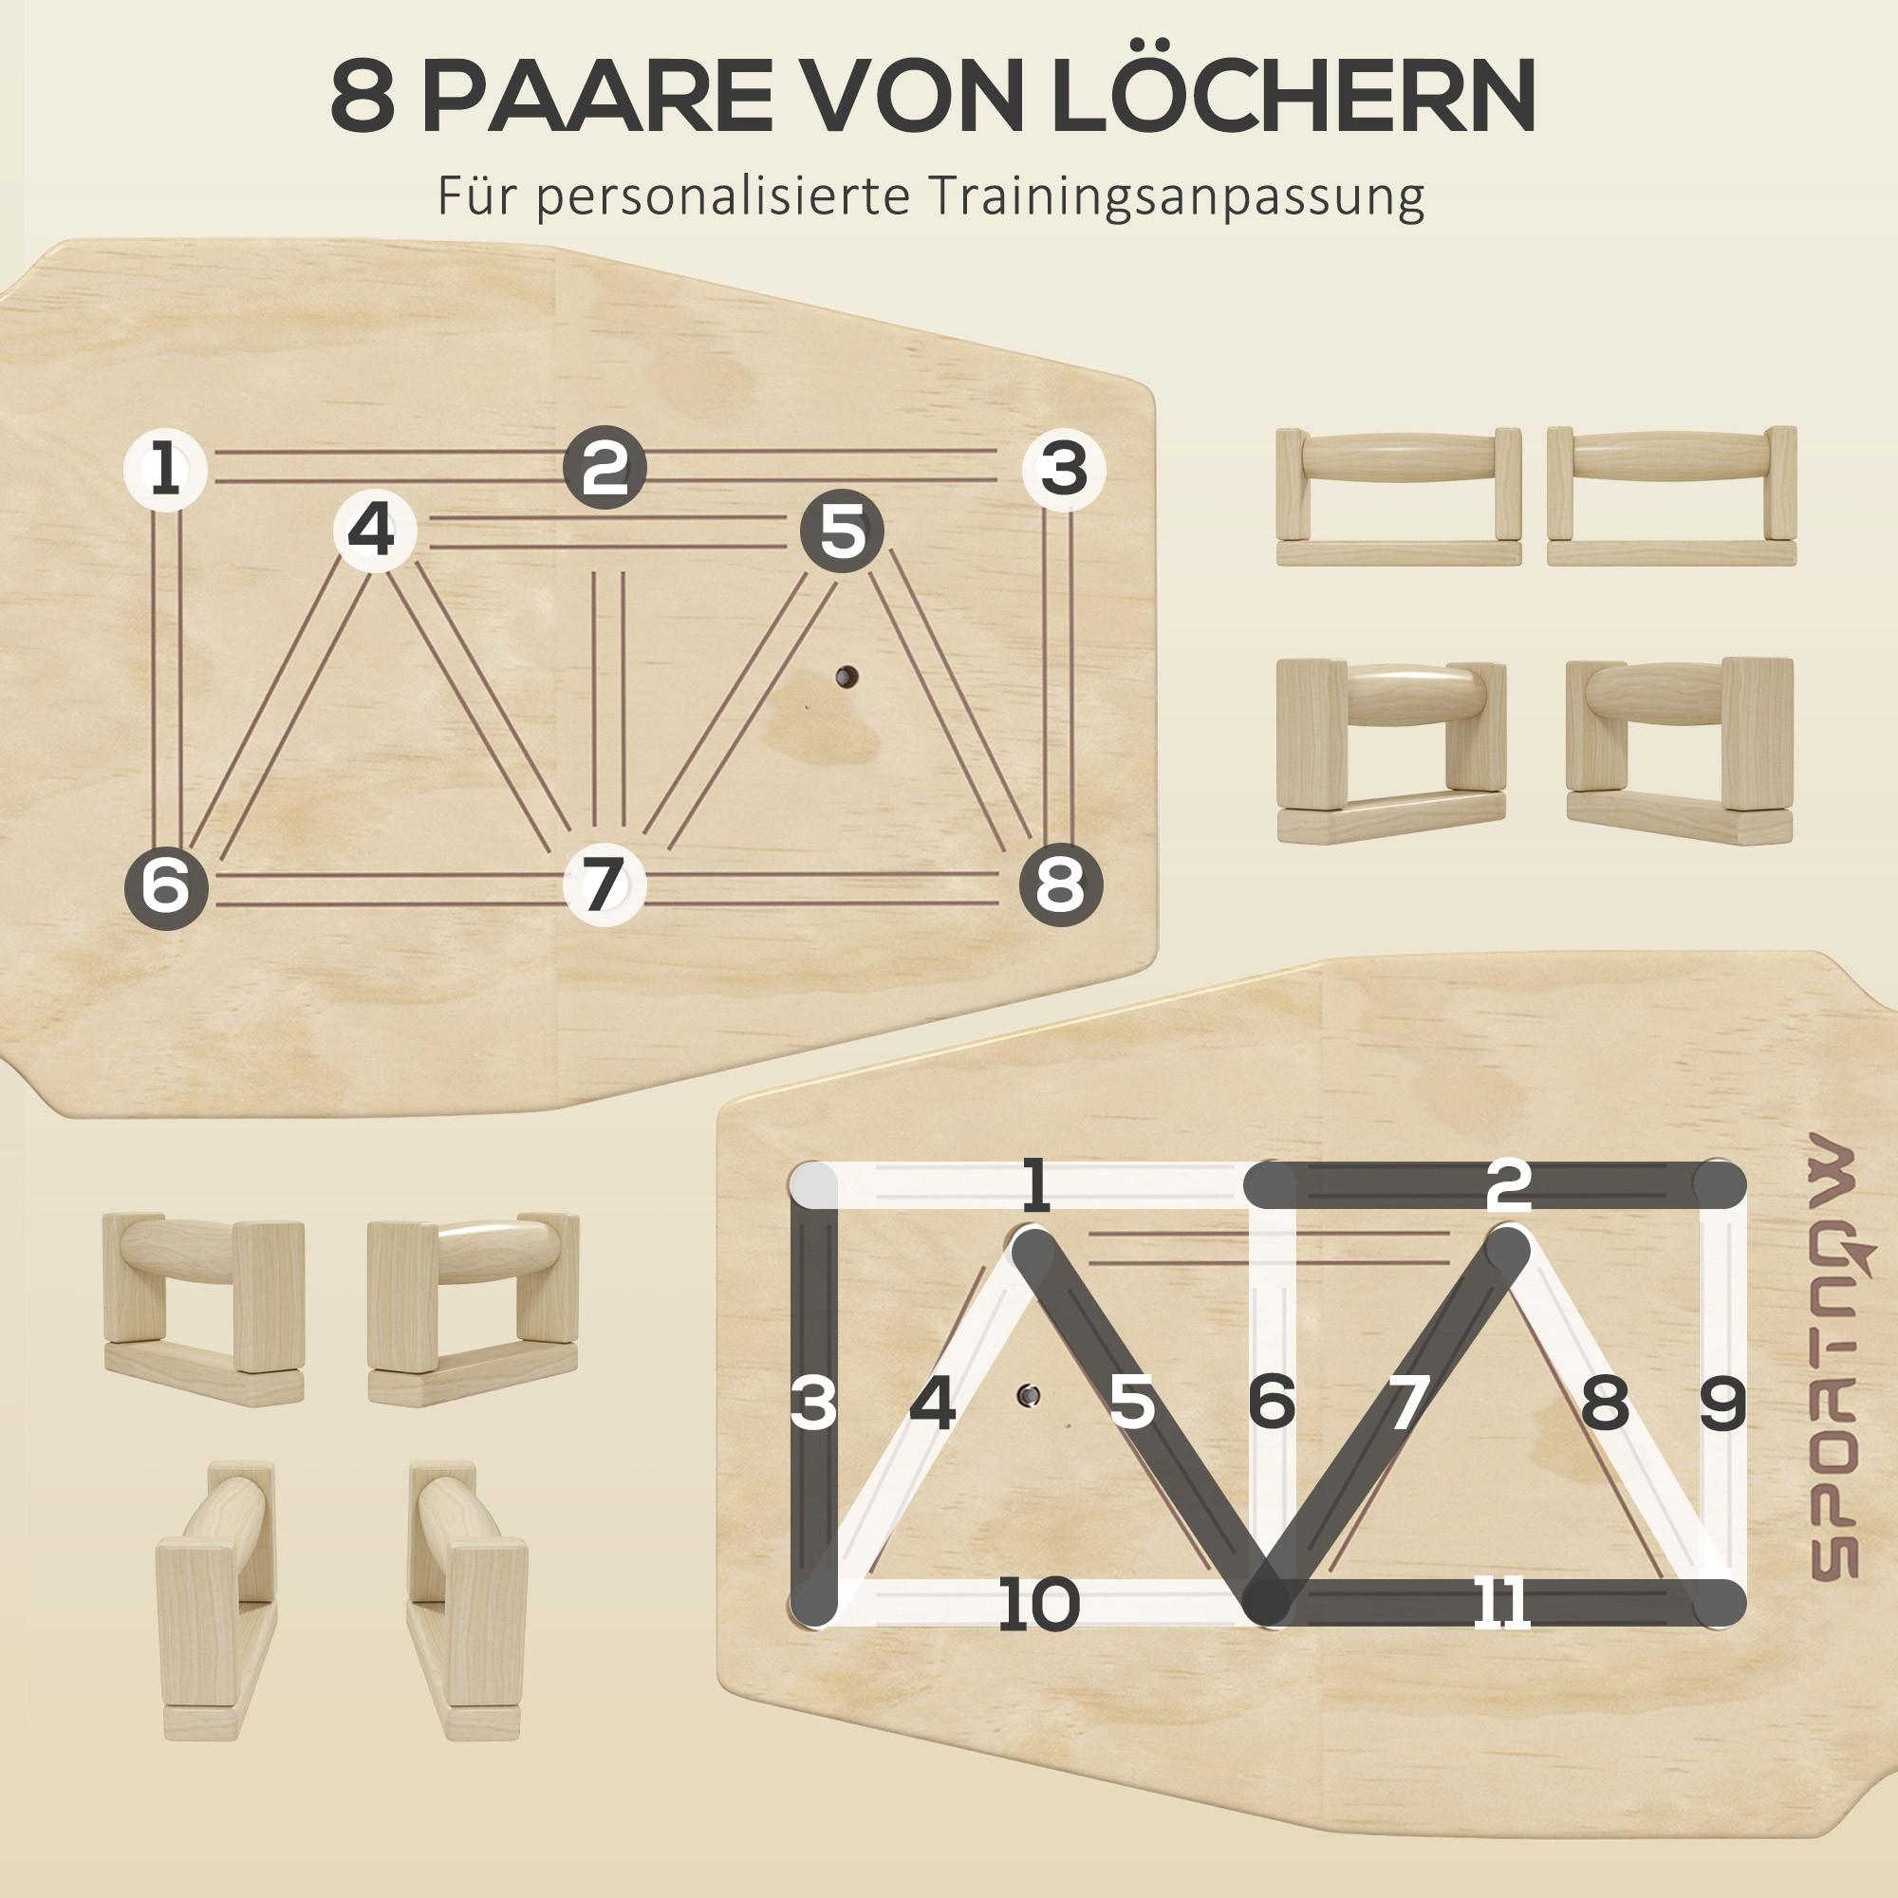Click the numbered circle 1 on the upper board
[165, 469]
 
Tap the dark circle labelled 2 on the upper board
[605, 468]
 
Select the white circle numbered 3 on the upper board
[1064, 469]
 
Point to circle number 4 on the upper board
[374, 531]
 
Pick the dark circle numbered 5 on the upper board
[842, 531]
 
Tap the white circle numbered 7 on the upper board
[605, 884]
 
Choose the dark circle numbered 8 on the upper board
[1061, 885]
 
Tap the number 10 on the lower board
[1038, 1603]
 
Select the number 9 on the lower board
[1722, 1403]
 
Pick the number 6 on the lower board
[1272, 1403]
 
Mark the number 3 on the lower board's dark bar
[813, 1403]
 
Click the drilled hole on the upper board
[846, 676]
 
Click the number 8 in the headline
[363, 96]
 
